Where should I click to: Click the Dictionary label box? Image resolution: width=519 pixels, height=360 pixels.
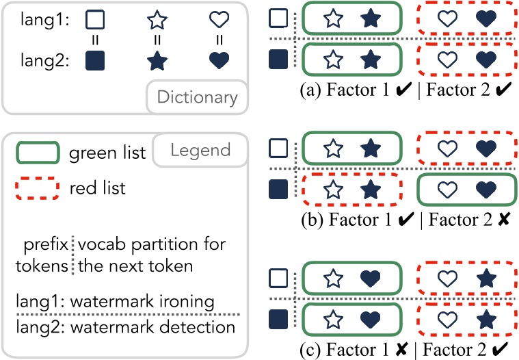click(197, 97)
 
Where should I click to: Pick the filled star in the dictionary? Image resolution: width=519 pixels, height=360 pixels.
click(157, 62)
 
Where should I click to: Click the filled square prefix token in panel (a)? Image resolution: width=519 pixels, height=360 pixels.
click(278, 60)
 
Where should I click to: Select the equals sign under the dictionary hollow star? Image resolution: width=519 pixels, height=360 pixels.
click(157, 40)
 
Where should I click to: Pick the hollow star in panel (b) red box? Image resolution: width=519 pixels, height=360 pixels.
click(333, 190)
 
